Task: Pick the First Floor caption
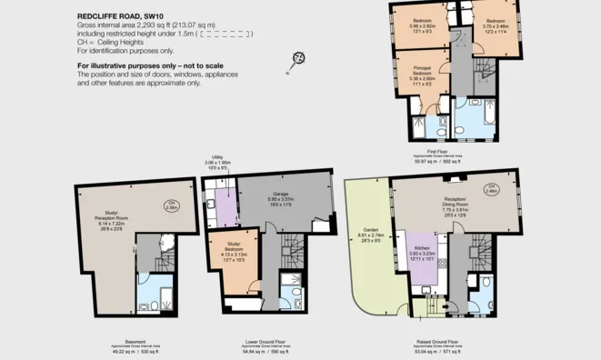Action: click(437, 152)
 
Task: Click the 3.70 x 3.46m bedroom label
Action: click(495, 24)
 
